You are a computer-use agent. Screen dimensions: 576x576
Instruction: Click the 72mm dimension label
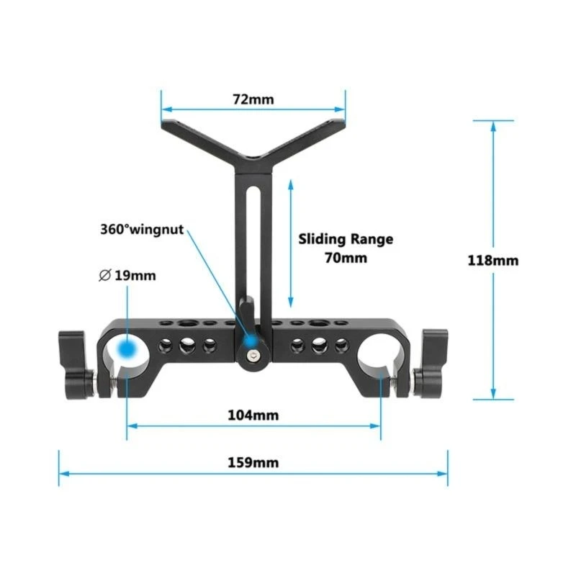pyautogui.click(x=253, y=99)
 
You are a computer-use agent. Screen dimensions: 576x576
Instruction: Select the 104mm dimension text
pyautogui.click(x=253, y=415)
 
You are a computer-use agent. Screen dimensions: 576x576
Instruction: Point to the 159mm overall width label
pyautogui.click(x=253, y=462)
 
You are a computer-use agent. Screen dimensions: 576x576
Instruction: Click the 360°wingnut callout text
pyautogui.click(x=142, y=230)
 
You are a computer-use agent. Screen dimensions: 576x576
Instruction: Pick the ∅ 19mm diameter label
pyautogui.click(x=127, y=275)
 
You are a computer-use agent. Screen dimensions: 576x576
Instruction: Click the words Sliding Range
pyautogui.click(x=346, y=239)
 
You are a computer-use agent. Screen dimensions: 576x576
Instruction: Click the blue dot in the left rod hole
pyautogui.click(x=127, y=349)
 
